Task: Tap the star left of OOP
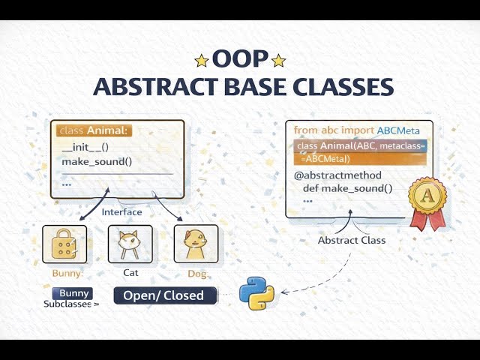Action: pos(202,60)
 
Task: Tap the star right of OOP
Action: pos(278,60)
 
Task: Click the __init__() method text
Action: pos(85,148)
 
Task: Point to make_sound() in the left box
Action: pos(91,162)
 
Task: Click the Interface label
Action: pos(121,212)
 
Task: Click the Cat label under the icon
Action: pos(130,273)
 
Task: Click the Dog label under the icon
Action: pos(196,274)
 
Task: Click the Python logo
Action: pos(256,293)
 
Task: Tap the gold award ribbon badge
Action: pos(427,201)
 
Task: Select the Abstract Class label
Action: pos(352,240)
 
